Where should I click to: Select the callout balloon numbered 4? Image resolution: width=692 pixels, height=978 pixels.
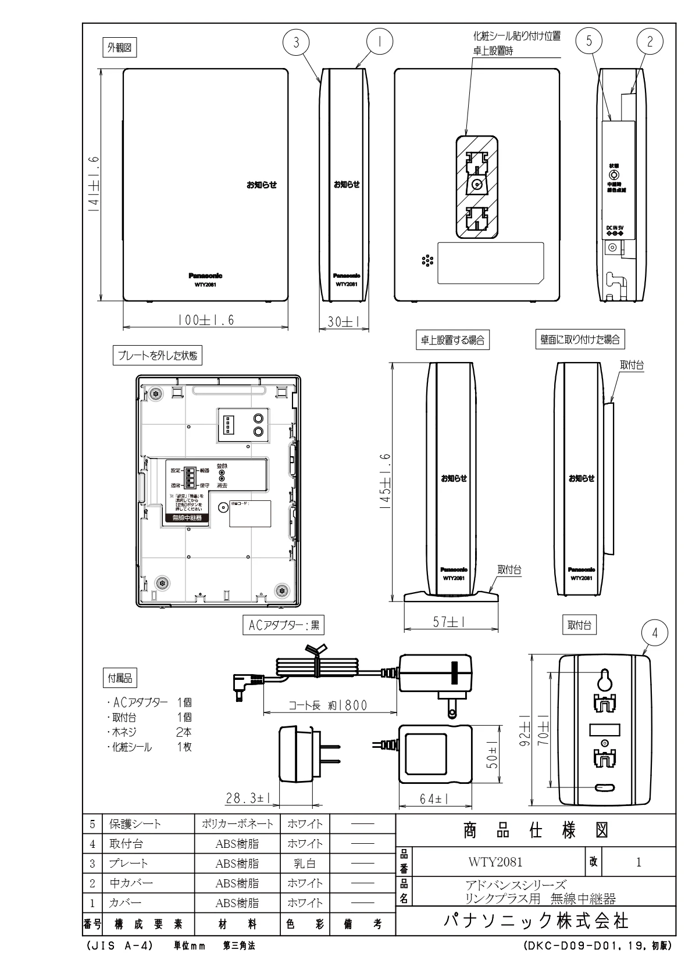pyautogui.click(x=655, y=634)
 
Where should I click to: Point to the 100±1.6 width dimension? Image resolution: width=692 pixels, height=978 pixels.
pyautogui.click(x=206, y=320)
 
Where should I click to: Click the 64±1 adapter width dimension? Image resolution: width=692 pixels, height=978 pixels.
pyautogui.click(x=433, y=800)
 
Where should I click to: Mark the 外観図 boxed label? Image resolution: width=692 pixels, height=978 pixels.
pyautogui.click(x=119, y=48)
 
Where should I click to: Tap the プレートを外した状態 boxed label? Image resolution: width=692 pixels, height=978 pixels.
pyautogui.click(x=158, y=356)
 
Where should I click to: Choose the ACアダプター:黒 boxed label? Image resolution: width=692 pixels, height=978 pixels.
pyautogui.click(x=283, y=626)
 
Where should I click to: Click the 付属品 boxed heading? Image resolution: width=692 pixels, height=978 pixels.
pyautogui.click(x=120, y=678)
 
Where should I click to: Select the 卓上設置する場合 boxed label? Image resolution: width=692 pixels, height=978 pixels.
pyautogui.click(x=452, y=341)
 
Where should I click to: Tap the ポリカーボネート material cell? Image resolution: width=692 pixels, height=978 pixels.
pyautogui.click(x=237, y=824)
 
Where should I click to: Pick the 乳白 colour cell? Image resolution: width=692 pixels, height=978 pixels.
pyautogui.click(x=304, y=864)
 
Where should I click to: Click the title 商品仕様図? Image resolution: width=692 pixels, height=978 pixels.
pyautogui.click(x=535, y=832)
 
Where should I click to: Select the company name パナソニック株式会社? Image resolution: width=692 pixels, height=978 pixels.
pyautogui.click(x=535, y=922)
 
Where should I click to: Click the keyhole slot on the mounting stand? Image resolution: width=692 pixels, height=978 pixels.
pyautogui.click(x=605, y=679)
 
